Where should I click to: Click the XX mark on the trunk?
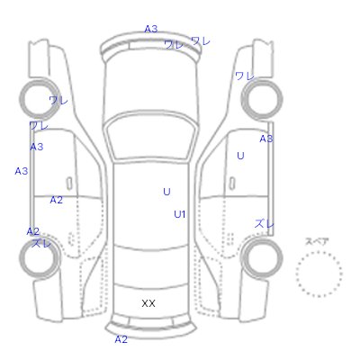click(x=148, y=303)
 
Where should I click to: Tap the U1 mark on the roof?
click(x=180, y=214)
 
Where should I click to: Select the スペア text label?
click(x=317, y=241)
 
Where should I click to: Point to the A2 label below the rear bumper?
click(x=121, y=339)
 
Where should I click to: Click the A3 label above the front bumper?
click(x=151, y=29)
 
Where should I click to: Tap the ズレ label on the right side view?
click(x=265, y=223)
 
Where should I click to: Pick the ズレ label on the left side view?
click(x=41, y=243)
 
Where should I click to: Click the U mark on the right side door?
click(x=240, y=156)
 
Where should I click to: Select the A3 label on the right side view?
click(x=266, y=139)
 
